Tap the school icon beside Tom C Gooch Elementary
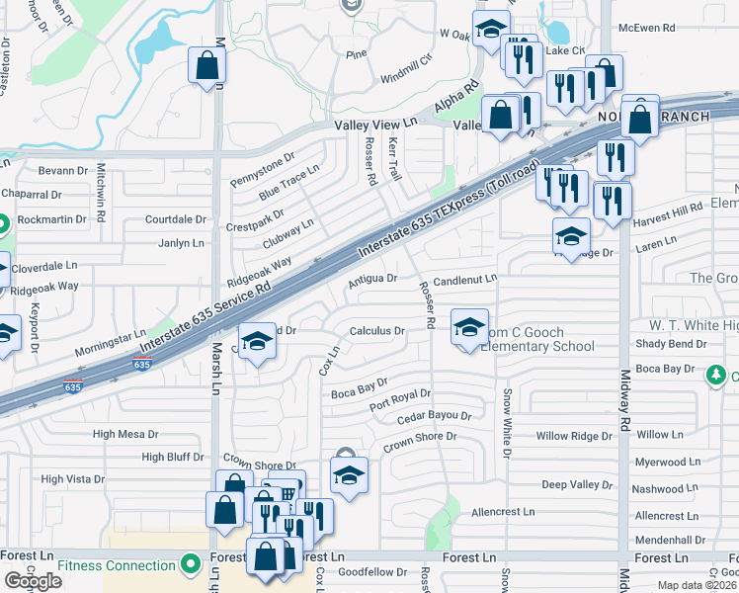pyautogui.click(x=469, y=327)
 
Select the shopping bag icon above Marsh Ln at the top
pyautogui.click(x=207, y=65)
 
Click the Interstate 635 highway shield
pyautogui.click(x=142, y=365)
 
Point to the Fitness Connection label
pyautogui.click(x=117, y=565)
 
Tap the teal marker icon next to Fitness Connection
pyautogui.click(x=191, y=565)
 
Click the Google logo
pyautogui.click(x=34, y=581)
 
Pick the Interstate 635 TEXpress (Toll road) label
pyautogui.click(x=444, y=211)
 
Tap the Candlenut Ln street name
pyautogui.click(x=464, y=280)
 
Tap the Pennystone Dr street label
pyautogui.click(x=262, y=169)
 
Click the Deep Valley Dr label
pyautogui.click(x=577, y=484)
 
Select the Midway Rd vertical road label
pyautogui.click(x=625, y=395)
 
